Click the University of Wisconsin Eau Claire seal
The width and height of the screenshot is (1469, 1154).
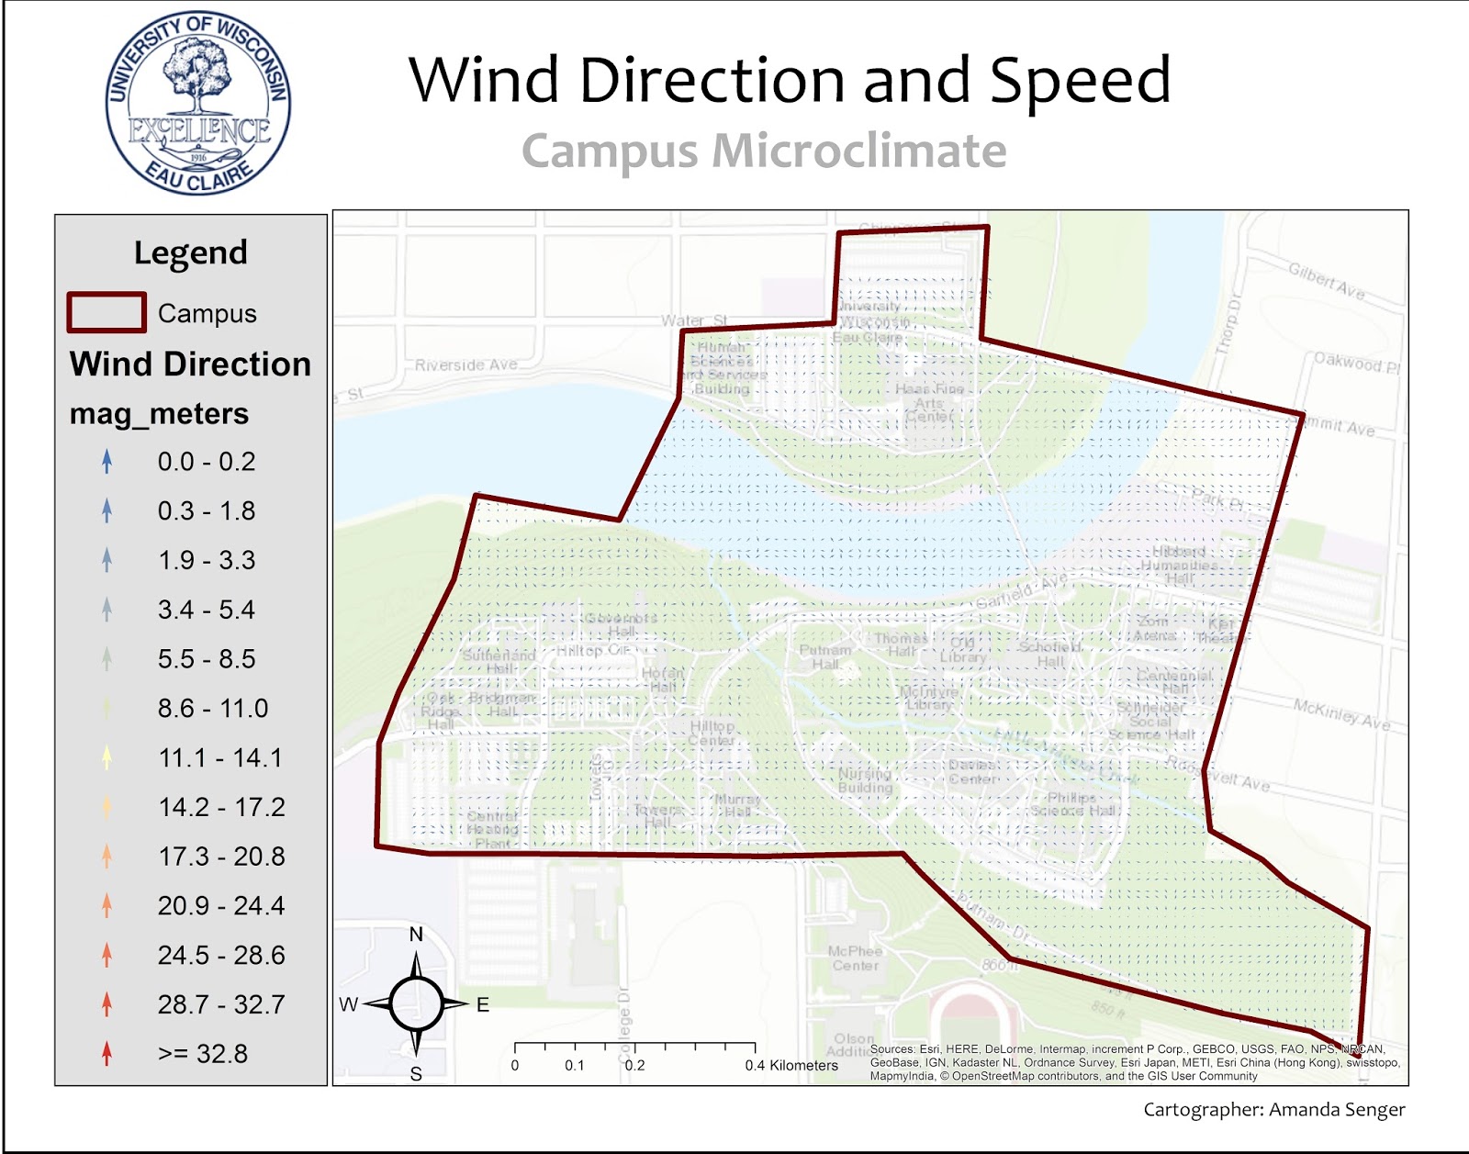pyautogui.click(x=197, y=103)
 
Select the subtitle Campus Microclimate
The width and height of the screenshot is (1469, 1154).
pyautogui.click(x=764, y=151)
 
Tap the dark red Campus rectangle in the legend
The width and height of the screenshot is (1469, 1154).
pyautogui.click(x=107, y=312)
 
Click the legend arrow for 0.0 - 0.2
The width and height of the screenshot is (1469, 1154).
pyautogui.click(x=107, y=461)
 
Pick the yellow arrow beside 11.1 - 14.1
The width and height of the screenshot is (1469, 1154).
pyautogui.click(x=107, y=757)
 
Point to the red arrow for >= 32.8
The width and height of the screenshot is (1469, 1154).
pyautogui.click(x=107, y=1053)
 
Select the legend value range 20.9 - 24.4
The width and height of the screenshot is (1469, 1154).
pyautogui.click(x=221, y=906)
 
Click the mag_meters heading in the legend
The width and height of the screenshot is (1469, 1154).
pyautogui.click(x=159, y=414)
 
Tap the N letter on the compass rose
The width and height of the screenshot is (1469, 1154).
pyautogui.click(x=416, y=935)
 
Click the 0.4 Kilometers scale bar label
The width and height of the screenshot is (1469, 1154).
pyautogui.click(x=791, y=1066)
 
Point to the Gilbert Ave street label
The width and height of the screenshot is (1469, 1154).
pyautogui.click(x=1326, y=281)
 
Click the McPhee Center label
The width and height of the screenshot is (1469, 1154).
pyautogui.click(x=854, y=958)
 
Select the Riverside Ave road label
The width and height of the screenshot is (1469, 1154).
pyautogui.click(x=465, y=364)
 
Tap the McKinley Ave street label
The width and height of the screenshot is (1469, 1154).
pyautogui.click(x=1341, y=713)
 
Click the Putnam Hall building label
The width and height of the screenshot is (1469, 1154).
pyautogui.click(x=824, y=656)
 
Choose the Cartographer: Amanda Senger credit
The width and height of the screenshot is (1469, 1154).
pyautogui.click(x=1273, y=1110)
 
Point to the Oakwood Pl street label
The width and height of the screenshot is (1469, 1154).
pyautogui.click(x=1356, y=363)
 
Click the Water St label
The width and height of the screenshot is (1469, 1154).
pyautogui.click(x=693, y=320)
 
